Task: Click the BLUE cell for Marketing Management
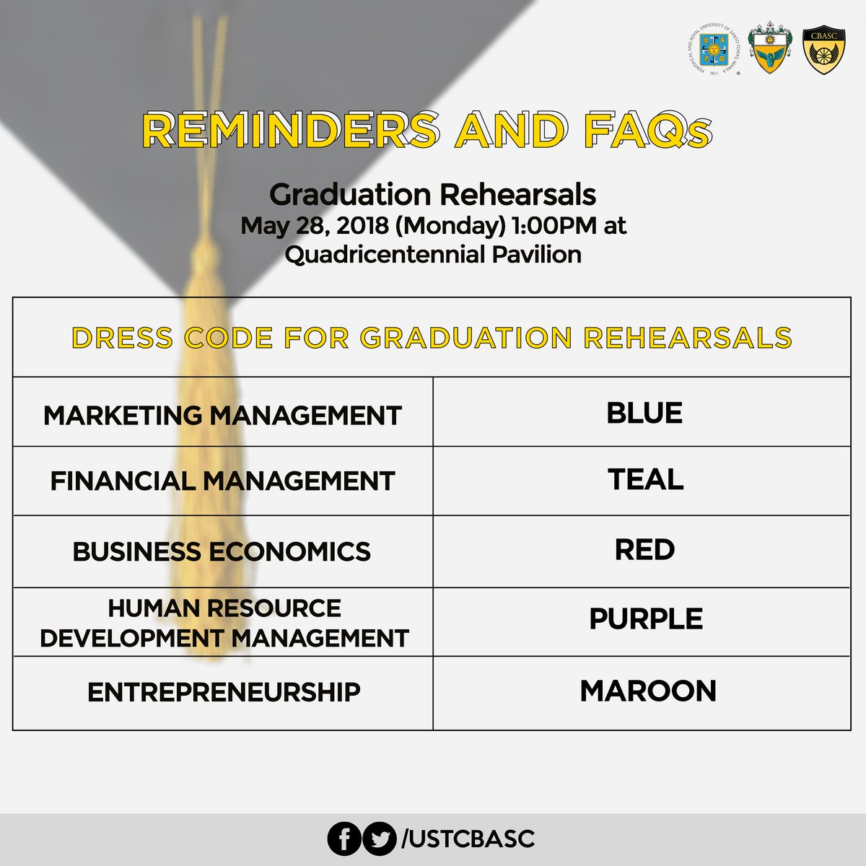644,413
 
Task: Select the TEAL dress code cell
645,480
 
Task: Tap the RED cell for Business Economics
644,550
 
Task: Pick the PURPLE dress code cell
645,619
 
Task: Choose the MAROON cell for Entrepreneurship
647,691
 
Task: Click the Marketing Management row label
222,416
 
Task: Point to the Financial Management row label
222,481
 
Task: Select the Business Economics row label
222,552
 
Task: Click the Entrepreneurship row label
224,692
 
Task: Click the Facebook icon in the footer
344,839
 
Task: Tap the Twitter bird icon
380,839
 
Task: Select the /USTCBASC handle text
468,839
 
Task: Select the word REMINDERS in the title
289,131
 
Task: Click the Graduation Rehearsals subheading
432,195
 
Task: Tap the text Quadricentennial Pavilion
433,254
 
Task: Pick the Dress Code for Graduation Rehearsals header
432,338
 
